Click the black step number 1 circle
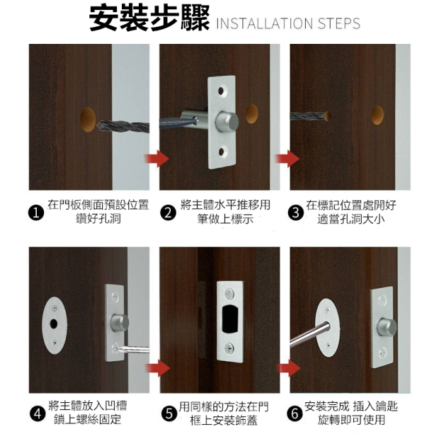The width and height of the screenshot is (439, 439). (x=36, y=213)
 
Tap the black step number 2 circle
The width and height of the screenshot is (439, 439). (x=169, y=213)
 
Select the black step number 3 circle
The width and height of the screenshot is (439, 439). (x=296, y=213)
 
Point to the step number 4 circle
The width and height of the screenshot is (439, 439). (x=38, y=414)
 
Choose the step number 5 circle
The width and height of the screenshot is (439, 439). (x=169, y=414)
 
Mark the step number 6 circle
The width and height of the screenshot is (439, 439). (x=295, y=414)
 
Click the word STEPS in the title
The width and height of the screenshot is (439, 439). (x=339, y=23)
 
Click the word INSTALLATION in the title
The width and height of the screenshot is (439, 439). (x=265, y=23)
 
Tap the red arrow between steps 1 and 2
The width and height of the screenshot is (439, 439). (x=156, y=159)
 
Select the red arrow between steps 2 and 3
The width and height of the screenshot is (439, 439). (x=287, y=159)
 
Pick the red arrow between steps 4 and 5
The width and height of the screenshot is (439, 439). (x=158, y=368)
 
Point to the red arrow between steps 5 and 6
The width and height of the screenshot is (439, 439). (x=289, y=368)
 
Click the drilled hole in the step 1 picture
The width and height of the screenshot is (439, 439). (x=88, y=119)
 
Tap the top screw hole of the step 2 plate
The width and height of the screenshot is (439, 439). (x=221, y=91)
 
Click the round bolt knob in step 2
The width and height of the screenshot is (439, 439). (x=227, y=122)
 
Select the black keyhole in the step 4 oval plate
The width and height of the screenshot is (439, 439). (x=54, y=324)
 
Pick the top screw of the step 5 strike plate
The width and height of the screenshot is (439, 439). (x=229, y=293)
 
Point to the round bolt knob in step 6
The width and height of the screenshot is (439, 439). (x=387, y=328)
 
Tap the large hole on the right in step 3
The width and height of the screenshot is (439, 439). (x=377, y=115)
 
